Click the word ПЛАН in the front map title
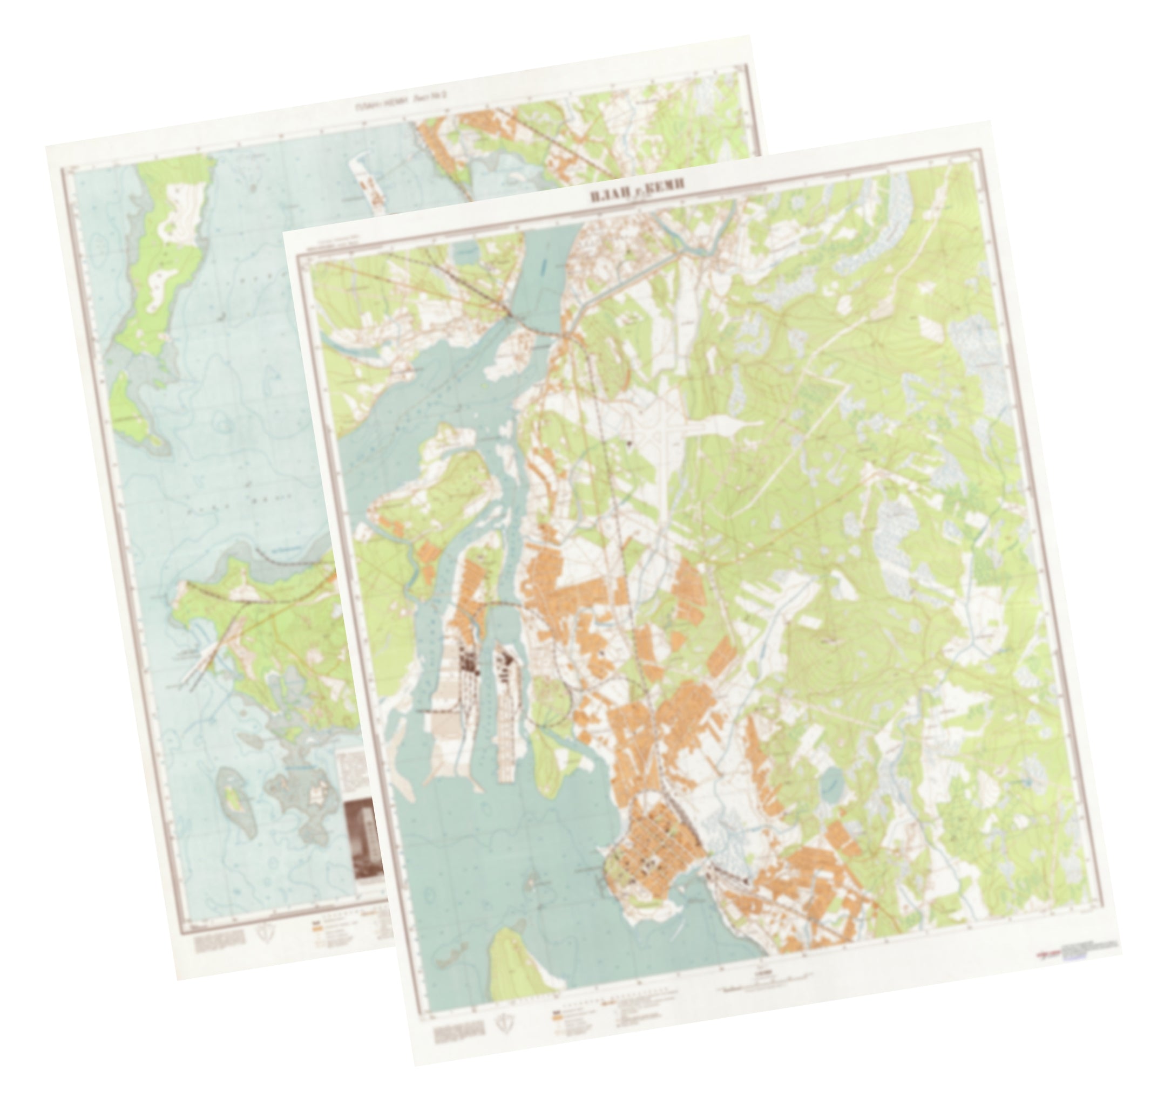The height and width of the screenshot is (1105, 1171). pyautogui.click(x=611, y=194)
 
